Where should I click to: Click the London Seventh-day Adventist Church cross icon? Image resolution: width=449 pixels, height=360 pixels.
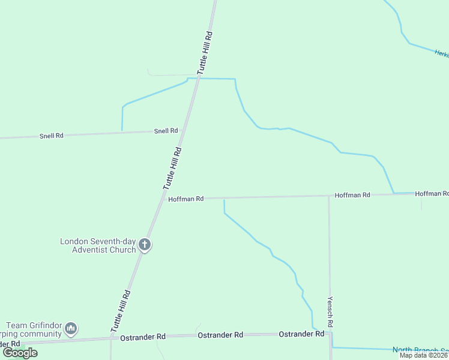[144, 244]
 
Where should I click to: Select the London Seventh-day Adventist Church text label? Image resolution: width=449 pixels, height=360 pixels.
[98, 245]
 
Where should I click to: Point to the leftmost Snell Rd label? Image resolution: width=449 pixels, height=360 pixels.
[52, 136]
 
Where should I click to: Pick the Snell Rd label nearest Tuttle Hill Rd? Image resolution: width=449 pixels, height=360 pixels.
[166, 131]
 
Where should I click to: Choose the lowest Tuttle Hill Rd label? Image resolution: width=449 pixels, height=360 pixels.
[120, 312]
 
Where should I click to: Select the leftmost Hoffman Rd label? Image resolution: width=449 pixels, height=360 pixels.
[186, 199]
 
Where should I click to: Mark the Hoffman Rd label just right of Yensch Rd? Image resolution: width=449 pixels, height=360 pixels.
[353, 195]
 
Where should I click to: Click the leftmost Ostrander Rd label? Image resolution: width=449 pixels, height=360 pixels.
[142, 337]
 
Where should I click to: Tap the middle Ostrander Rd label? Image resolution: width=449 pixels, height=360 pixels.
[220, 335]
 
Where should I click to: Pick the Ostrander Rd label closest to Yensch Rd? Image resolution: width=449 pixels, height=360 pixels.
[302, 334]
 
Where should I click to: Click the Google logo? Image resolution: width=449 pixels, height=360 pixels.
[20, 353]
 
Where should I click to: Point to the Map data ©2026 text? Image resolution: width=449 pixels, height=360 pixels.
[424, 355]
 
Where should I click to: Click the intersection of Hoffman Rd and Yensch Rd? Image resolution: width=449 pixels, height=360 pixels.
[328, 196]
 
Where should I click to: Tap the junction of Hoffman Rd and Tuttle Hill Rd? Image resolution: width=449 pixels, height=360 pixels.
[163, 199]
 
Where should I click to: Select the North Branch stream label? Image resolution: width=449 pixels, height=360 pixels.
[420, 350]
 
